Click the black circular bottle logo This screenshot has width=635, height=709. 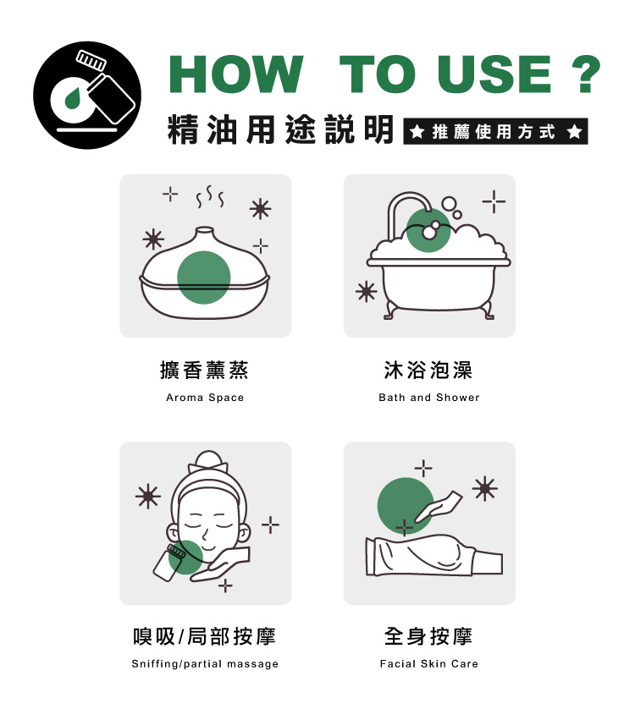click(86, 95)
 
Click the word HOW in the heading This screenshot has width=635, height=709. click(236, 75)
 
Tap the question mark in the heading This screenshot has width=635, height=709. click(583, 75)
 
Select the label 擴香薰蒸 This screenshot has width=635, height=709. click(205, 370)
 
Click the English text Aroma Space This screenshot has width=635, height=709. click(205, 398)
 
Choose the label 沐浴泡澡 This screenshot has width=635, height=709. click(428, 370)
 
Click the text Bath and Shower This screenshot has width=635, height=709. click(428, 398)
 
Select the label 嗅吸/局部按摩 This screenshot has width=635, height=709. click(205, 636)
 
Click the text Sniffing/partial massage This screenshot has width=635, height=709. click(205, 664)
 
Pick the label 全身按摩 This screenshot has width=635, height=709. click(428, 636)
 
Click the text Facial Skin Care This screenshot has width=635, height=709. click(428, 664)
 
